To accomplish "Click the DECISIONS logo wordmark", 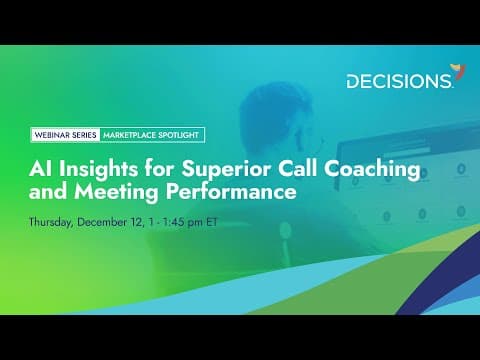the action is click(399, 81).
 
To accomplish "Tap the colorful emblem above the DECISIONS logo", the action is click(459, 72).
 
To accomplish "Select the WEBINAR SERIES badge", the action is click(65, 135).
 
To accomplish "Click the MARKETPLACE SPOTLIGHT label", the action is click(151, 135).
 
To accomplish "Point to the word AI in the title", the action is click(40, 169).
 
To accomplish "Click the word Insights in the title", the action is click(98, 170).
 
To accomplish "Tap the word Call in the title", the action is click(297, 169).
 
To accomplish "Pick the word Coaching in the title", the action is click(372, 170).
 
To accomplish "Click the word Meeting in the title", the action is click(116, 193).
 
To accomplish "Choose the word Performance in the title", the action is click(231, 192).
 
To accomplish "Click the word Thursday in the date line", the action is click(51, 222).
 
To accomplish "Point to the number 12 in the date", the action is click(137, 222).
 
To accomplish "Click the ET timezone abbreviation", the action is click(212, 222).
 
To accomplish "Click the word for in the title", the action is click(159, 169).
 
